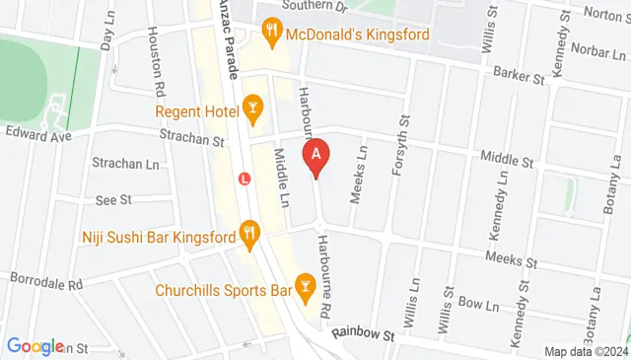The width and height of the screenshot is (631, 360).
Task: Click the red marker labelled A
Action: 315,156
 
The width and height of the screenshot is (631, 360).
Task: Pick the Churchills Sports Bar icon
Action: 306,290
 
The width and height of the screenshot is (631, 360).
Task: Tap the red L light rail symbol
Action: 245,180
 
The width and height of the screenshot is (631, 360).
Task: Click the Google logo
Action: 35,346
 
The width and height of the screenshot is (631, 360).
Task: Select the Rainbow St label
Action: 363,334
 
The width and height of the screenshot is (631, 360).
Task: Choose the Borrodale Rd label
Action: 45,281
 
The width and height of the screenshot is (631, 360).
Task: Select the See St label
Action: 114,200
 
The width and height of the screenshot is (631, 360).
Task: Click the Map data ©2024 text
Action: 586,352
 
